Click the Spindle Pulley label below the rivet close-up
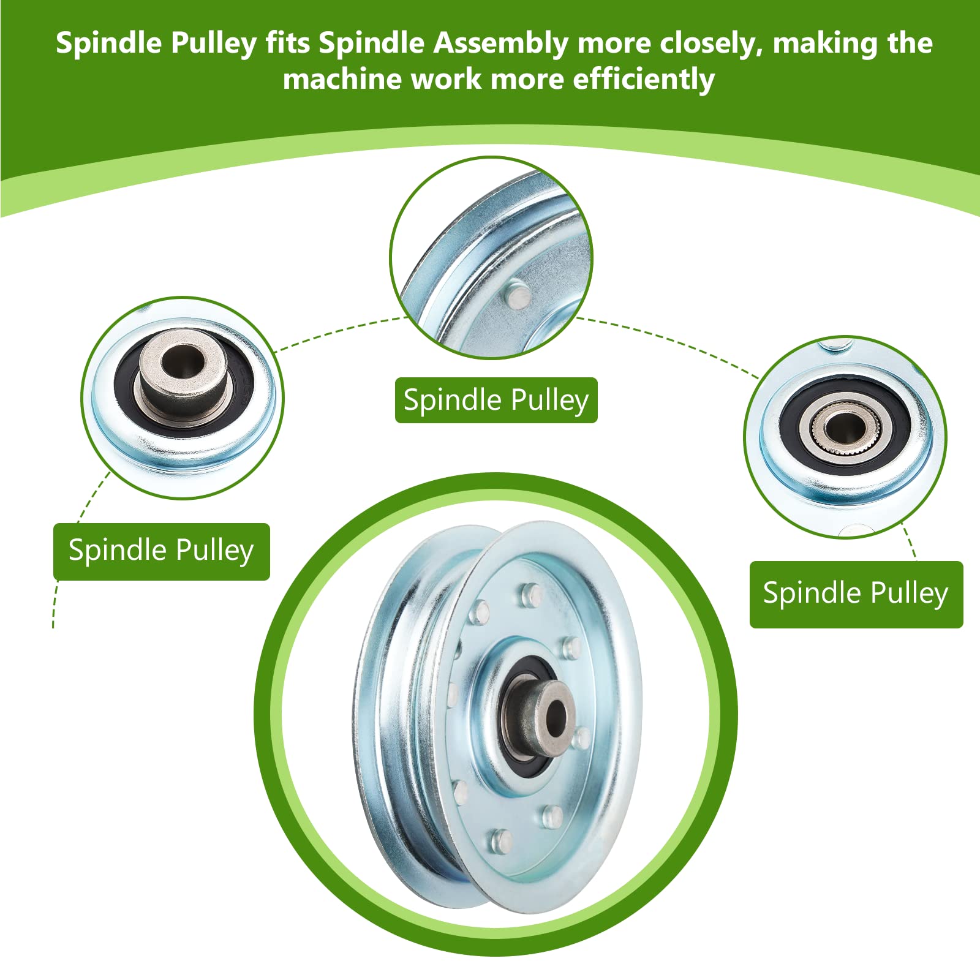(x=496, y=401)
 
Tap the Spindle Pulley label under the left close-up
(x=161, y=551)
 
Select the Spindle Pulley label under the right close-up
(x=856, y=594)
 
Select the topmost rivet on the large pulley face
(x=531, y=593)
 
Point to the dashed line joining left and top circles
(x=341, y=333)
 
